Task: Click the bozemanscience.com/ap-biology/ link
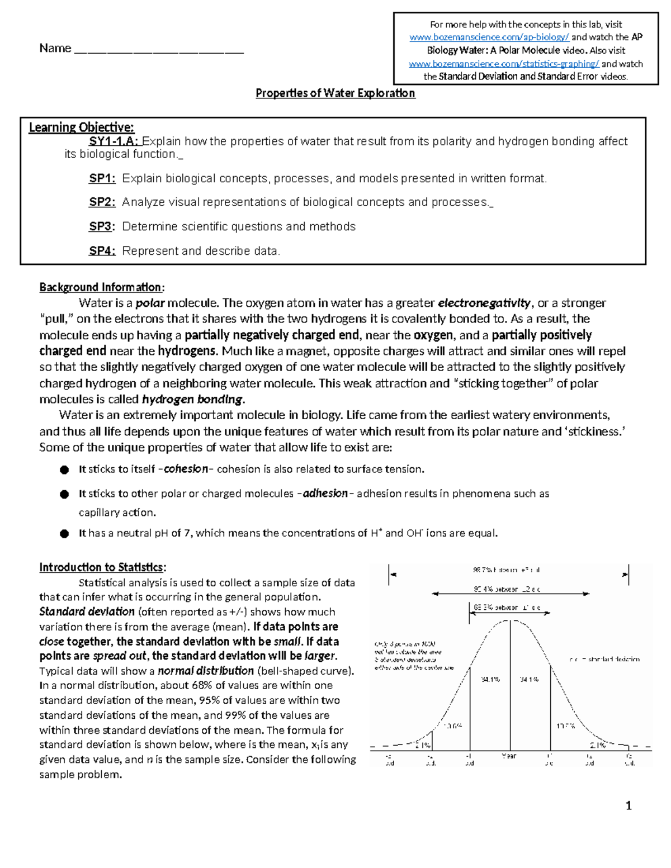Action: tap(489, 37)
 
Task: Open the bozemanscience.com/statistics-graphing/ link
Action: tap(504, 64)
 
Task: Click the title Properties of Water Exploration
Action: tap(335, 93)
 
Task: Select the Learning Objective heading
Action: tap(82, 127)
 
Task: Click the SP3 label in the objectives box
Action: tap(102, 226)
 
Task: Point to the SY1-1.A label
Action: tap(115, 141)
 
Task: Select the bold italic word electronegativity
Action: tap(484, 303)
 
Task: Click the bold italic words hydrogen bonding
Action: tap(193, 400)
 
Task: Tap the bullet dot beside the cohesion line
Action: tap(65, 470)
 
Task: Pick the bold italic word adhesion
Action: tap(325, 494)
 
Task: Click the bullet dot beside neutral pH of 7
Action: tap(65, 534)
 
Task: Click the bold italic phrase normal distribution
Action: tap(206, 671)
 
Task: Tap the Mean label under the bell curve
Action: tap(509, 756)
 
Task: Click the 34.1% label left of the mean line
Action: tap(490, 680)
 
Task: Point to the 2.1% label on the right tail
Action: tap(598, 745)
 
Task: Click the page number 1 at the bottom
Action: tap(629, 805)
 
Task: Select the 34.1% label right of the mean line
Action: tap(529, 680)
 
